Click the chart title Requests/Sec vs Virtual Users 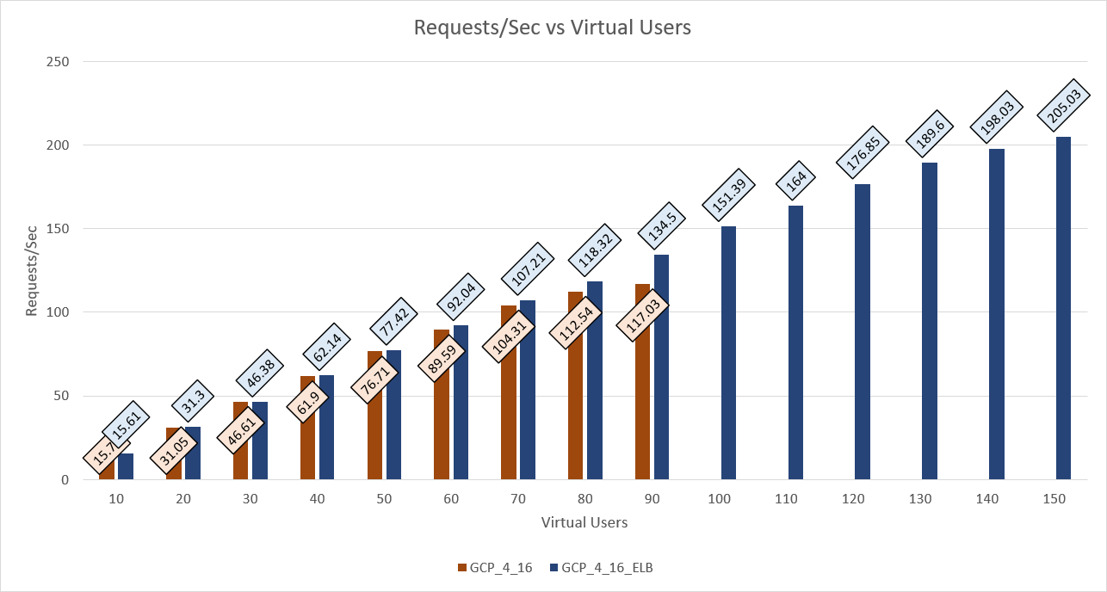pyautogui.click(x=553, y=28)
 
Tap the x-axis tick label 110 pyautogui.click(x=787, y=499)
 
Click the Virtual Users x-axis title pyautogui.click(x=584, y=522)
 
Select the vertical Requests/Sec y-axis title pyautogui.click(x=32, y=271)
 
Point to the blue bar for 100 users pyautogui.click(x=728, y=353)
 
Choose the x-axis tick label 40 pyautogui.click(x=318, y=499)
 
